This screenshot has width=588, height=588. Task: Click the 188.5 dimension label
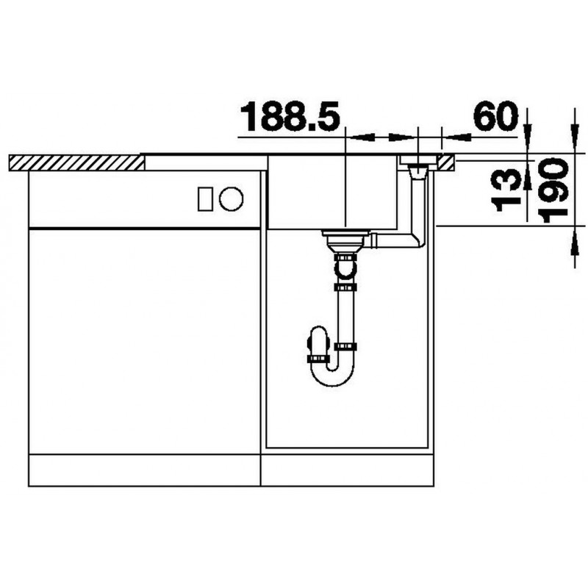tap(290, 116)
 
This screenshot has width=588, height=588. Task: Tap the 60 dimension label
tap(495, 115)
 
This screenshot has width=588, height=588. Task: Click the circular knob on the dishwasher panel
tap(232, 198)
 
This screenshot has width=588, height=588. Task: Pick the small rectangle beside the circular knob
tap(206, 198)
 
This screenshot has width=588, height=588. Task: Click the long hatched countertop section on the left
tap(76, 162)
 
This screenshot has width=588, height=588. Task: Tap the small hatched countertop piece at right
tap(448, 162)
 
